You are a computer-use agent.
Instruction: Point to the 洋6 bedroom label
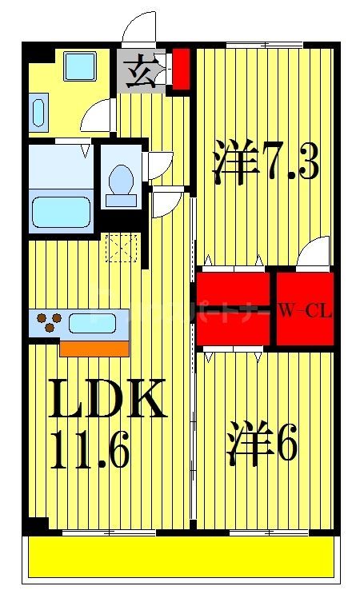pos(264,445)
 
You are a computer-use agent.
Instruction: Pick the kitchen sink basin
pos(94,324)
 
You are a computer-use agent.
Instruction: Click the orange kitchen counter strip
pos(94,349)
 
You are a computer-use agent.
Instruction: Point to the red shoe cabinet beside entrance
pos(182,70)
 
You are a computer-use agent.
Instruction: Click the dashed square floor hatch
pos(123,248)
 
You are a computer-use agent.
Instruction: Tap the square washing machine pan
pos(80,66)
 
